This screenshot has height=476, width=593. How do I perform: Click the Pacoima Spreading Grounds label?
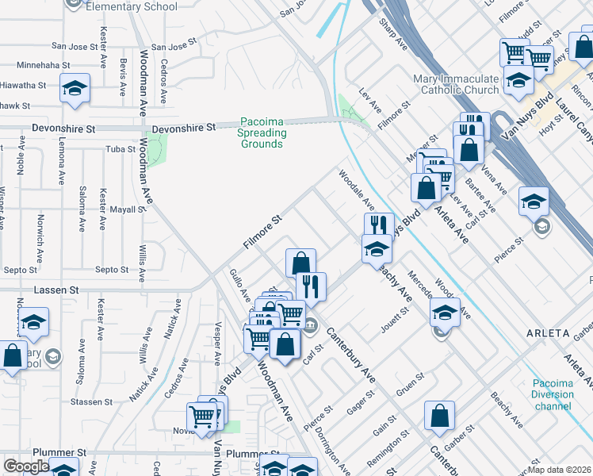pos(261,133)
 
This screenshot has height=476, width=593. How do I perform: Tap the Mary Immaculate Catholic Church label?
pos(455,84)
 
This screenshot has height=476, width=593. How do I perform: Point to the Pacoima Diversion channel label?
pos(553,394)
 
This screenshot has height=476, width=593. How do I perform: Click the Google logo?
pos(26,466)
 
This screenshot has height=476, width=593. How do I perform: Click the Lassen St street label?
pos(56,290)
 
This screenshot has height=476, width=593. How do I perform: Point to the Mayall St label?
pos(127,210)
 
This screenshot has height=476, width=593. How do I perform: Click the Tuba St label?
pos(121,149)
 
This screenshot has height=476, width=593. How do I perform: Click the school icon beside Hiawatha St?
pos(75,88)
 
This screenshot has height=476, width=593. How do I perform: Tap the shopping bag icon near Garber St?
pos(439,416)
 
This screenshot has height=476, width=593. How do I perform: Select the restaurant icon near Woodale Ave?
pos(379,225)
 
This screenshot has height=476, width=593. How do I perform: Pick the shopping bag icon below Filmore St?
pos(301,263)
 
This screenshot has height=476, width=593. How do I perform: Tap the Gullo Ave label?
pos(239,285)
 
